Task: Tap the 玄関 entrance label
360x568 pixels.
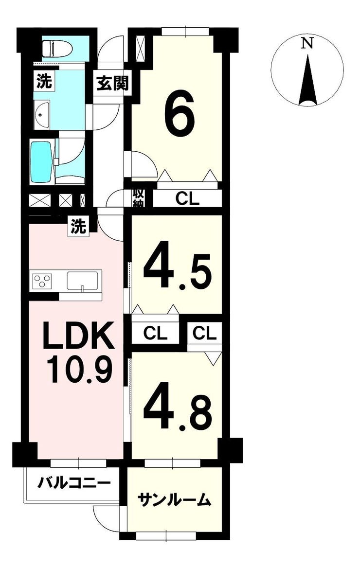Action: [x=112, y=84]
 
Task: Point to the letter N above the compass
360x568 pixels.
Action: [x=307, y=43]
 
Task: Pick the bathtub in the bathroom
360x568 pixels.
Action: [x=41, y=161]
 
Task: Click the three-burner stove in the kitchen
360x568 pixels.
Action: [x=42, y=281]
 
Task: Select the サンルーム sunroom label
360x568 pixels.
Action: [x=174, y=500]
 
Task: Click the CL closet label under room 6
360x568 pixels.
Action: [x=187, y=198]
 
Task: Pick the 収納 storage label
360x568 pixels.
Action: [x=139, y=198]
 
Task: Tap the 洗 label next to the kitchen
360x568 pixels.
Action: [x=79, y=227]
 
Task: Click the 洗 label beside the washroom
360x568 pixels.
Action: [x=43, y=82]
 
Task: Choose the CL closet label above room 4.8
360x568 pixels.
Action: [x=204, y=333]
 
